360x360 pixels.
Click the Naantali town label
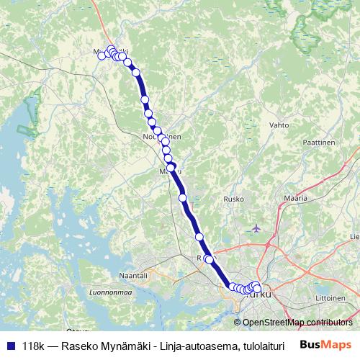(x=133, y=275)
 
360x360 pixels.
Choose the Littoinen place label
(x=331, y=296)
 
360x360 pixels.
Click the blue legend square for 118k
(x=10, y=346)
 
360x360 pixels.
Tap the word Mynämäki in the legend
(x=133, y=346)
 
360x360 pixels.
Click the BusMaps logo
(x=326, y=345)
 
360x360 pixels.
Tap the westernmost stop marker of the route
(x=102, y=55)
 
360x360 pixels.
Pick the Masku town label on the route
(x=170, y=171)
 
